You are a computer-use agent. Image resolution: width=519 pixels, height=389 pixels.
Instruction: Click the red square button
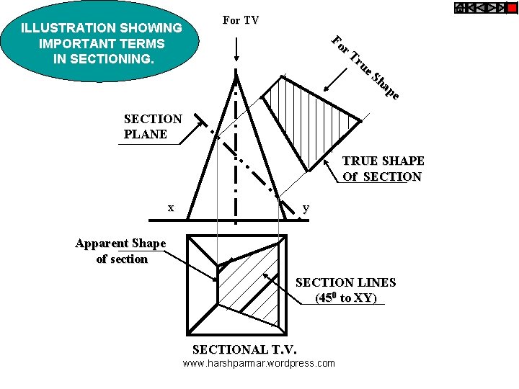tap(512, 9)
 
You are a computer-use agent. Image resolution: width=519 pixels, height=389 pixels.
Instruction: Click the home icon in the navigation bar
tap(460, 9)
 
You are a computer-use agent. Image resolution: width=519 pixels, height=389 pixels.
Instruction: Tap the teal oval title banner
tap(101, 43)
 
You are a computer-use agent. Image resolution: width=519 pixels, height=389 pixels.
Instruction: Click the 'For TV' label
tap(241, 20)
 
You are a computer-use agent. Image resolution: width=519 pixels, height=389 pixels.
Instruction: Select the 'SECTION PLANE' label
tap(153, 126)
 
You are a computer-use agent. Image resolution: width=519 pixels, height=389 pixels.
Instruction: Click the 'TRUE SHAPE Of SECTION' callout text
tap(383, 169)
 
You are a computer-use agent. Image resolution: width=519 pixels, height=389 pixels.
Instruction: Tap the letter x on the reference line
tap(170, 207)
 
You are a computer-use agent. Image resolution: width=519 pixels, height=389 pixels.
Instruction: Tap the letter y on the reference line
tap(306, 207)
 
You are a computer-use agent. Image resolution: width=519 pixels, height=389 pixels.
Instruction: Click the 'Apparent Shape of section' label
tap(121, 251)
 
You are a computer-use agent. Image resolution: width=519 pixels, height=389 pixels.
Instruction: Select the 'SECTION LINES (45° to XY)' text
tap(346, 290)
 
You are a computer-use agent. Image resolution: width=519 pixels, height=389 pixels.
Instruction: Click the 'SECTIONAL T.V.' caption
tap(244, 349)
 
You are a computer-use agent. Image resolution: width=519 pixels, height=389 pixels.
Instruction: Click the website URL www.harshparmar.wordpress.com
tap(259, 363)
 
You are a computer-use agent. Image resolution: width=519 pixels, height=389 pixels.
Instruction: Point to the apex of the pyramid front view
tap(237, 72)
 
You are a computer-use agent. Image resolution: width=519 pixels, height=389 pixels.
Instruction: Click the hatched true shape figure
tap(310, 119)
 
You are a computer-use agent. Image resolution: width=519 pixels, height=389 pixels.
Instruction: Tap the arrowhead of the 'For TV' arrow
tap(237, 64)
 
